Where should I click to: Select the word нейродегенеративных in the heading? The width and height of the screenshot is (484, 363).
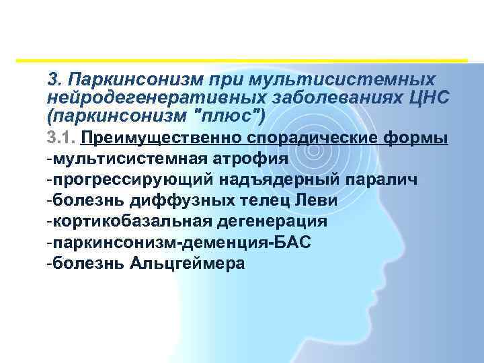[134, 97]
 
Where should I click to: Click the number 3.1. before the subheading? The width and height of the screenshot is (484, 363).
[62, 138]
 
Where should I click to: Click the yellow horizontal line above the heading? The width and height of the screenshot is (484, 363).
[242, 61]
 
